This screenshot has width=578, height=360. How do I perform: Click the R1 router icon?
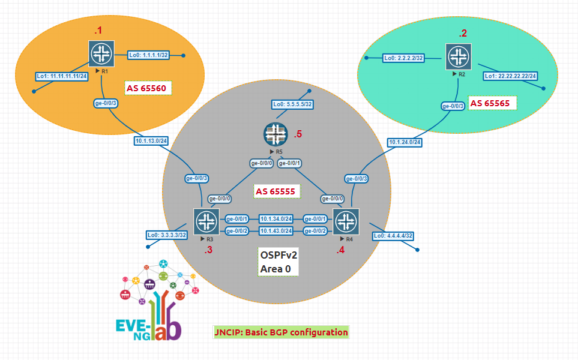[101, 53]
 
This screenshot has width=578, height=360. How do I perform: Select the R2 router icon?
[458, 57]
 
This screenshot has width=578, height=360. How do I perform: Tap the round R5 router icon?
[275, 134]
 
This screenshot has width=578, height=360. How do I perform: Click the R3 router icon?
[206, 222]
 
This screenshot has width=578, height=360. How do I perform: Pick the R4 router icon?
[346, 222]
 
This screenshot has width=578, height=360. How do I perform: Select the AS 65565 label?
[492, 103]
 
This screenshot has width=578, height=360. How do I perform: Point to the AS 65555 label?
[277, 191]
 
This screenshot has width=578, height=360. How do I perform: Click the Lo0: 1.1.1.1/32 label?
[149, 55]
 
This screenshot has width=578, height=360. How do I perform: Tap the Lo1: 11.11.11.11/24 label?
[62, 77]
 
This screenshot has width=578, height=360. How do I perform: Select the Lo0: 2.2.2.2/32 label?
[404, 58]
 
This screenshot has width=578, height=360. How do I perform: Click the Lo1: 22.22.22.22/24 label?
[511, 76]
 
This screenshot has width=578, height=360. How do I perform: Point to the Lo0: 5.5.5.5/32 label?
[293, 104]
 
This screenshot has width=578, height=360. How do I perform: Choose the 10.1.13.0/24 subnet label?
[151, 141]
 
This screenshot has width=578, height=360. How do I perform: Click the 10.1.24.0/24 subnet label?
[405, 142]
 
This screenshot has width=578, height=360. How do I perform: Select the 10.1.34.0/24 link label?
[276, 219]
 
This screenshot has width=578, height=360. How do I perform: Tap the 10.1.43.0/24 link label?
[276, 231]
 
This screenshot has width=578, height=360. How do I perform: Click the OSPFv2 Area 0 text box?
[278, 262]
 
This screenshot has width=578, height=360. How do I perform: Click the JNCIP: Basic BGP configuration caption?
[281, 332]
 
